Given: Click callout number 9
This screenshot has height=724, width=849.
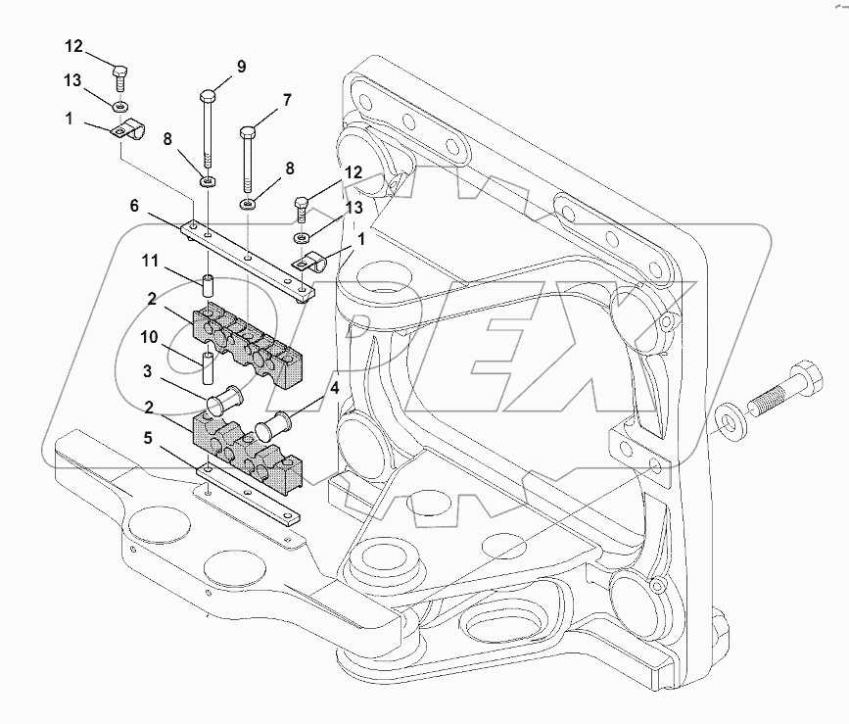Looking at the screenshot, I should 241,67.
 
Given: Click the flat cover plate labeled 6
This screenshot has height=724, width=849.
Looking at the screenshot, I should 250,257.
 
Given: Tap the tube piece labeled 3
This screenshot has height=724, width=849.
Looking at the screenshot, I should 225,403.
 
